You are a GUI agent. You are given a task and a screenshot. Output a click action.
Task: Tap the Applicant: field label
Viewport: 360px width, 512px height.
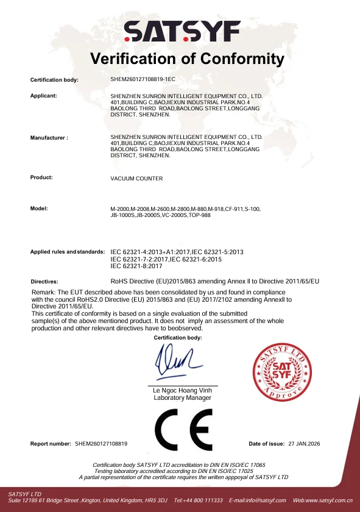43,96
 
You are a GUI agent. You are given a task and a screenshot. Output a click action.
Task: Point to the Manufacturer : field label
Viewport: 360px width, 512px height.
49,138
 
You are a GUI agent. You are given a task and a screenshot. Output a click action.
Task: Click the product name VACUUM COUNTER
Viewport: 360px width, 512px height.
136,179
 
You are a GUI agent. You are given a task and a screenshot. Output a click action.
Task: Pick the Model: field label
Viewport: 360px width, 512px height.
39,209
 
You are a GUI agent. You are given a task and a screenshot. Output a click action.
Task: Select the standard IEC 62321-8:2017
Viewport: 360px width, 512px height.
136,266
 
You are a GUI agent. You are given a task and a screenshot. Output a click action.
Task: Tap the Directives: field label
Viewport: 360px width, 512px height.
44,282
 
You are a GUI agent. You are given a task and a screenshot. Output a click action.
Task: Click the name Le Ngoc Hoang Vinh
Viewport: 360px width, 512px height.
182,391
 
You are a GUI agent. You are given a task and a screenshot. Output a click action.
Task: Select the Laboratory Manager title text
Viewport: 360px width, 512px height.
182,398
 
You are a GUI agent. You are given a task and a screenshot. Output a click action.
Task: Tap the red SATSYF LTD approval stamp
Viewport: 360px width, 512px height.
282,370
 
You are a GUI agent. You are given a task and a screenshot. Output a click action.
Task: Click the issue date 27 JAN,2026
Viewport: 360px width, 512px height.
304,444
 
